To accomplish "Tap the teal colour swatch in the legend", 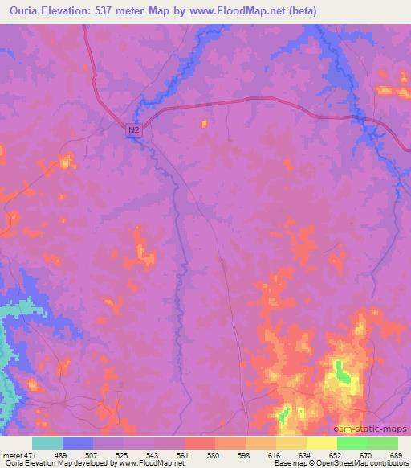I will [47, 443].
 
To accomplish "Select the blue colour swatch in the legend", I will [78, 443].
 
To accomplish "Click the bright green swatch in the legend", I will [352, 443].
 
